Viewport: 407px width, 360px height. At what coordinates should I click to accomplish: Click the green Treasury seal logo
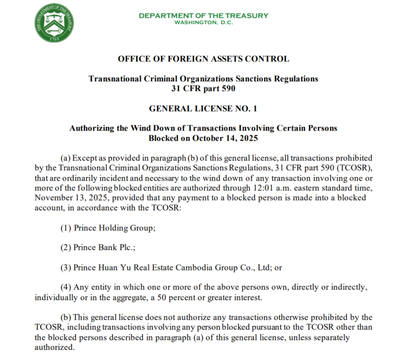coord(55,23)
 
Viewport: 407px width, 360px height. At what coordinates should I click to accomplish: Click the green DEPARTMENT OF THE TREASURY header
coord(203,16)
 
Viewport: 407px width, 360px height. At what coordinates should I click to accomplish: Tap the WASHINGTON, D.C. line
coord(203,22)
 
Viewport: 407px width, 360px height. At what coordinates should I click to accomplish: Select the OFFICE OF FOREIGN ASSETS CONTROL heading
coord(203,59)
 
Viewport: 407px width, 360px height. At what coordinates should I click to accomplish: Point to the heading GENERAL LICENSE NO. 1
coord(203,109)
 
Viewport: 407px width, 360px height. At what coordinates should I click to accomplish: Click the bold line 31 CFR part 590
coord(203,88)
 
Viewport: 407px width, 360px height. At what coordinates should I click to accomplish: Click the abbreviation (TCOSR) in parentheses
coord(353,168)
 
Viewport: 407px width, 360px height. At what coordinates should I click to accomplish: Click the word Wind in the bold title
coord(142,128)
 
